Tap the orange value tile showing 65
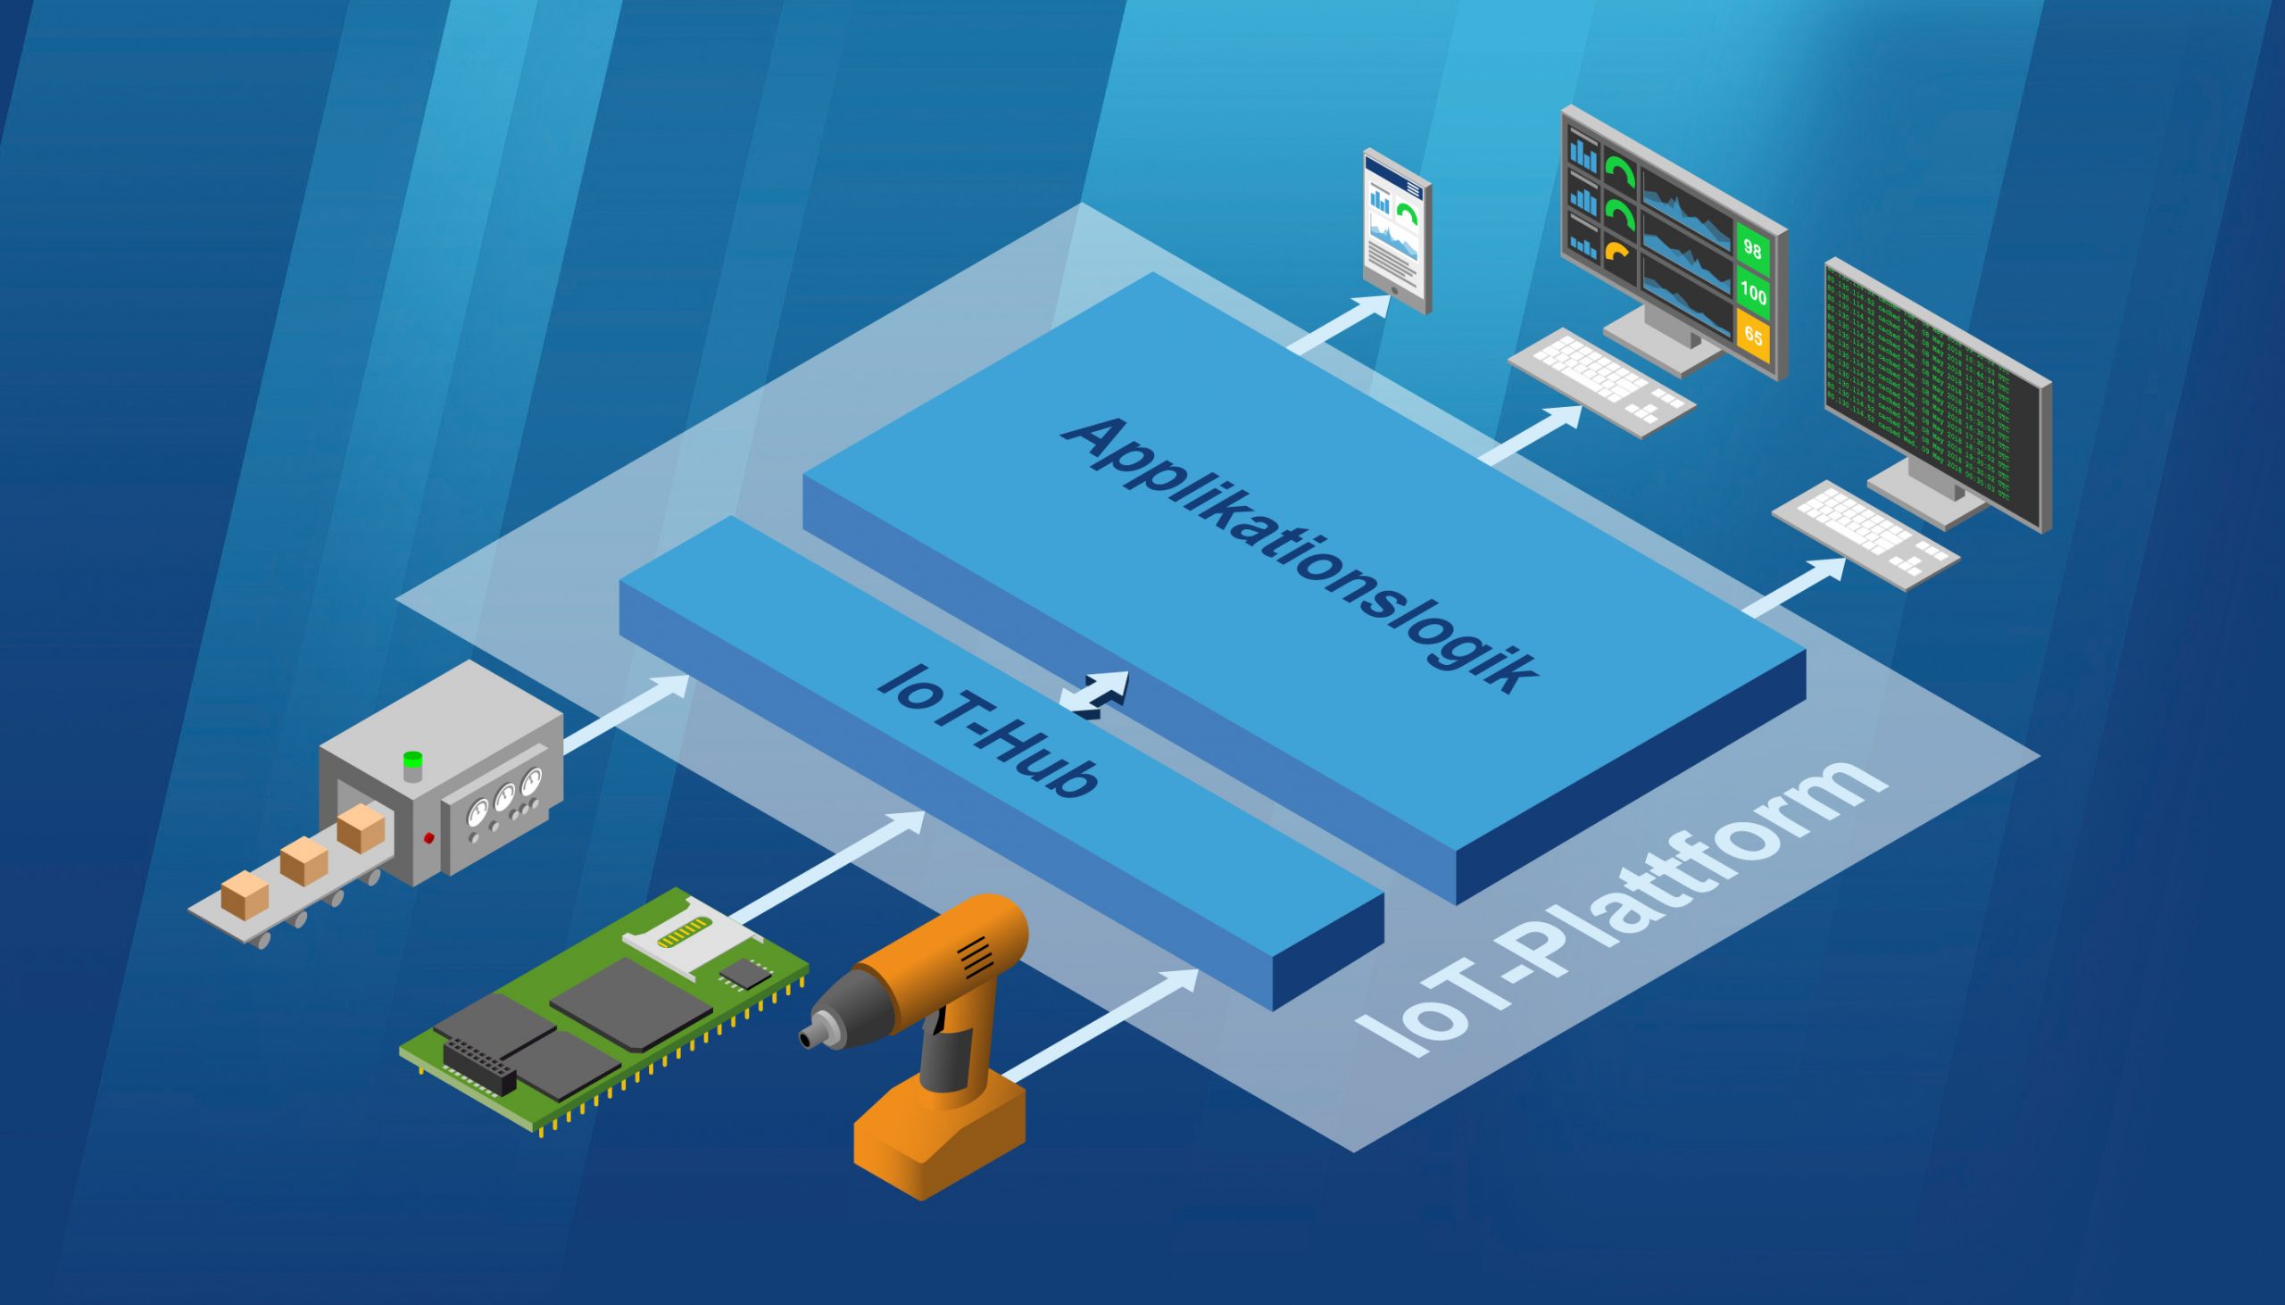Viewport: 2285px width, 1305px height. [x=1753, y=337]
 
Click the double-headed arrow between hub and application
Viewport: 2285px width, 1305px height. [x=1094, y=695]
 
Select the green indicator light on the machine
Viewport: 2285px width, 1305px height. [x=412, y=760]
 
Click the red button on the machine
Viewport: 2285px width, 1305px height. [x=428, y=838]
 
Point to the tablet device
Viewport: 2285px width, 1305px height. [x=1396, y=231]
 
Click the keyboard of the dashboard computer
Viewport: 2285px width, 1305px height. [x=1601, y=383]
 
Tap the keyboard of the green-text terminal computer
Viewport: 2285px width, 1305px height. [x=1865, y=535]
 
